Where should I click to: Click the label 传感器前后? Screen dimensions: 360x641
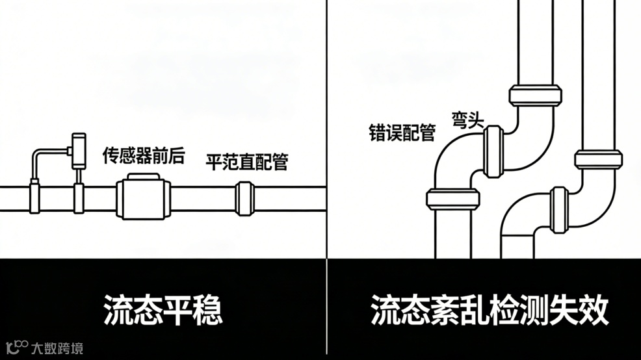coord(144,156)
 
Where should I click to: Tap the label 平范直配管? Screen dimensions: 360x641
coord(247,161)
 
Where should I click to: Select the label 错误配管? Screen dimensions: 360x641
coord(402,134)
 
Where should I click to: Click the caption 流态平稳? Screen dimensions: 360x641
coord(163,310)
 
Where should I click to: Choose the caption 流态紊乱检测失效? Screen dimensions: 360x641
coord(490,310)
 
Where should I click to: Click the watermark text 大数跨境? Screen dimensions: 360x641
coord(57,349)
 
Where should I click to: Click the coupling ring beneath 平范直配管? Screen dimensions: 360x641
coord(244,198)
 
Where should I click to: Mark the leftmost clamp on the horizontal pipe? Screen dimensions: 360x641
coord(35,198)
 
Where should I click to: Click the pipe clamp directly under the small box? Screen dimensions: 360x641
coord(79,198)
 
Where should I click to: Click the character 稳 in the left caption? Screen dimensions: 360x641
coord(206,310)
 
